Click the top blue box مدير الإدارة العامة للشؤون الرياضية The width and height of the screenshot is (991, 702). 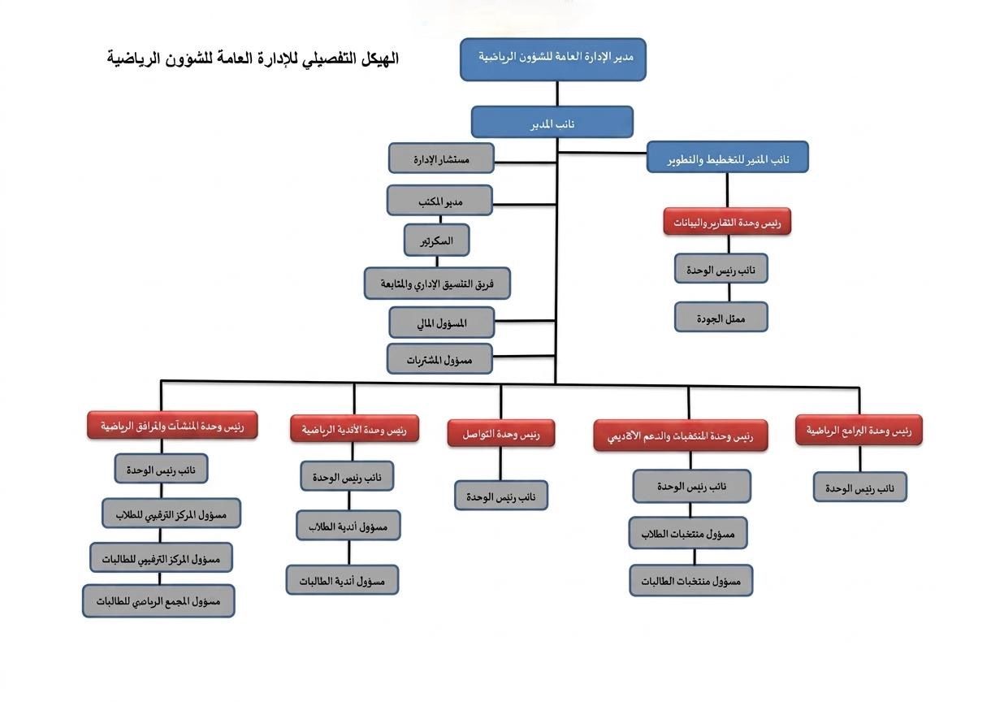click(553, 59)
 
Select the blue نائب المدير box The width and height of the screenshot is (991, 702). click(552, 122)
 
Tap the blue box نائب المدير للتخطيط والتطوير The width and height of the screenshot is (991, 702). click(727, 157)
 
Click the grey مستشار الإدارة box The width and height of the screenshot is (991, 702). click(442, 158)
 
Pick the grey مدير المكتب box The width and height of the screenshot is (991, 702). click(439, 201)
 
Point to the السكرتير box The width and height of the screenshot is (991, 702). click(437, 240)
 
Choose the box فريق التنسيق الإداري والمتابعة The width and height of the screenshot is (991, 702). click(437, 284)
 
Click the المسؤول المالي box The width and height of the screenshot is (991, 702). click(442, 323)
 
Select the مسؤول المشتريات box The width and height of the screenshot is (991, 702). click(439, 359)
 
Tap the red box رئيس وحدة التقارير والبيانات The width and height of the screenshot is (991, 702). click(727, 221)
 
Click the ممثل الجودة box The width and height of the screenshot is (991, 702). click(721, 317)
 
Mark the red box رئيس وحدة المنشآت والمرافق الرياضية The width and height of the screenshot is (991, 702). click(172, 426)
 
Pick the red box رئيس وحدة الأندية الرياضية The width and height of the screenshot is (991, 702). click(354, 428)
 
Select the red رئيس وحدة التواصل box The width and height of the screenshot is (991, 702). click(501, 433)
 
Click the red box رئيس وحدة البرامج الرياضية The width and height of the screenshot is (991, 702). click(859, 430)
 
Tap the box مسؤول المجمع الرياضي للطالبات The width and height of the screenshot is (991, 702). click(158, 601)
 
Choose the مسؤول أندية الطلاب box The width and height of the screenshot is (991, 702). click(348, 526)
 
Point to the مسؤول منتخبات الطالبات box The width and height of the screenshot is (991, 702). click(691, 581)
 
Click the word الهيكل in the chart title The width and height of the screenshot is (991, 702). click(379, 58)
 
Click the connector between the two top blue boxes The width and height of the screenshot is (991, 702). click(557, 93)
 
